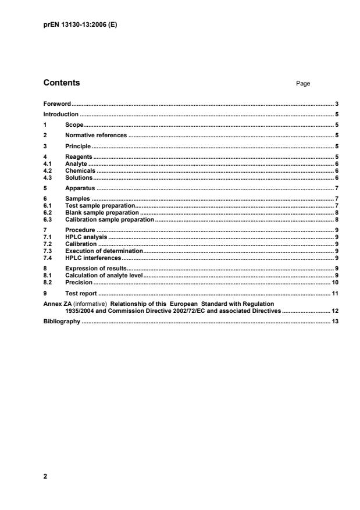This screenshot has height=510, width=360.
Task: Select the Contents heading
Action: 62,83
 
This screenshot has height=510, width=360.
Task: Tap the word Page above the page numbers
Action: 303,84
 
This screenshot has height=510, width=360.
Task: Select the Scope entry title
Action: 74,125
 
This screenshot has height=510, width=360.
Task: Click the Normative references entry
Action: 95,135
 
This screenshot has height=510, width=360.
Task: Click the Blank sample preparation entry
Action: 102,213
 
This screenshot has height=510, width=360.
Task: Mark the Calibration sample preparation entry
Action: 109,220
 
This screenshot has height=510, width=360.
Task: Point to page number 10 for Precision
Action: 335,281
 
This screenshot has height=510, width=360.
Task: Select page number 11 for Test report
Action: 335,293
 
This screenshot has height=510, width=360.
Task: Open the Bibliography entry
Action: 62,321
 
